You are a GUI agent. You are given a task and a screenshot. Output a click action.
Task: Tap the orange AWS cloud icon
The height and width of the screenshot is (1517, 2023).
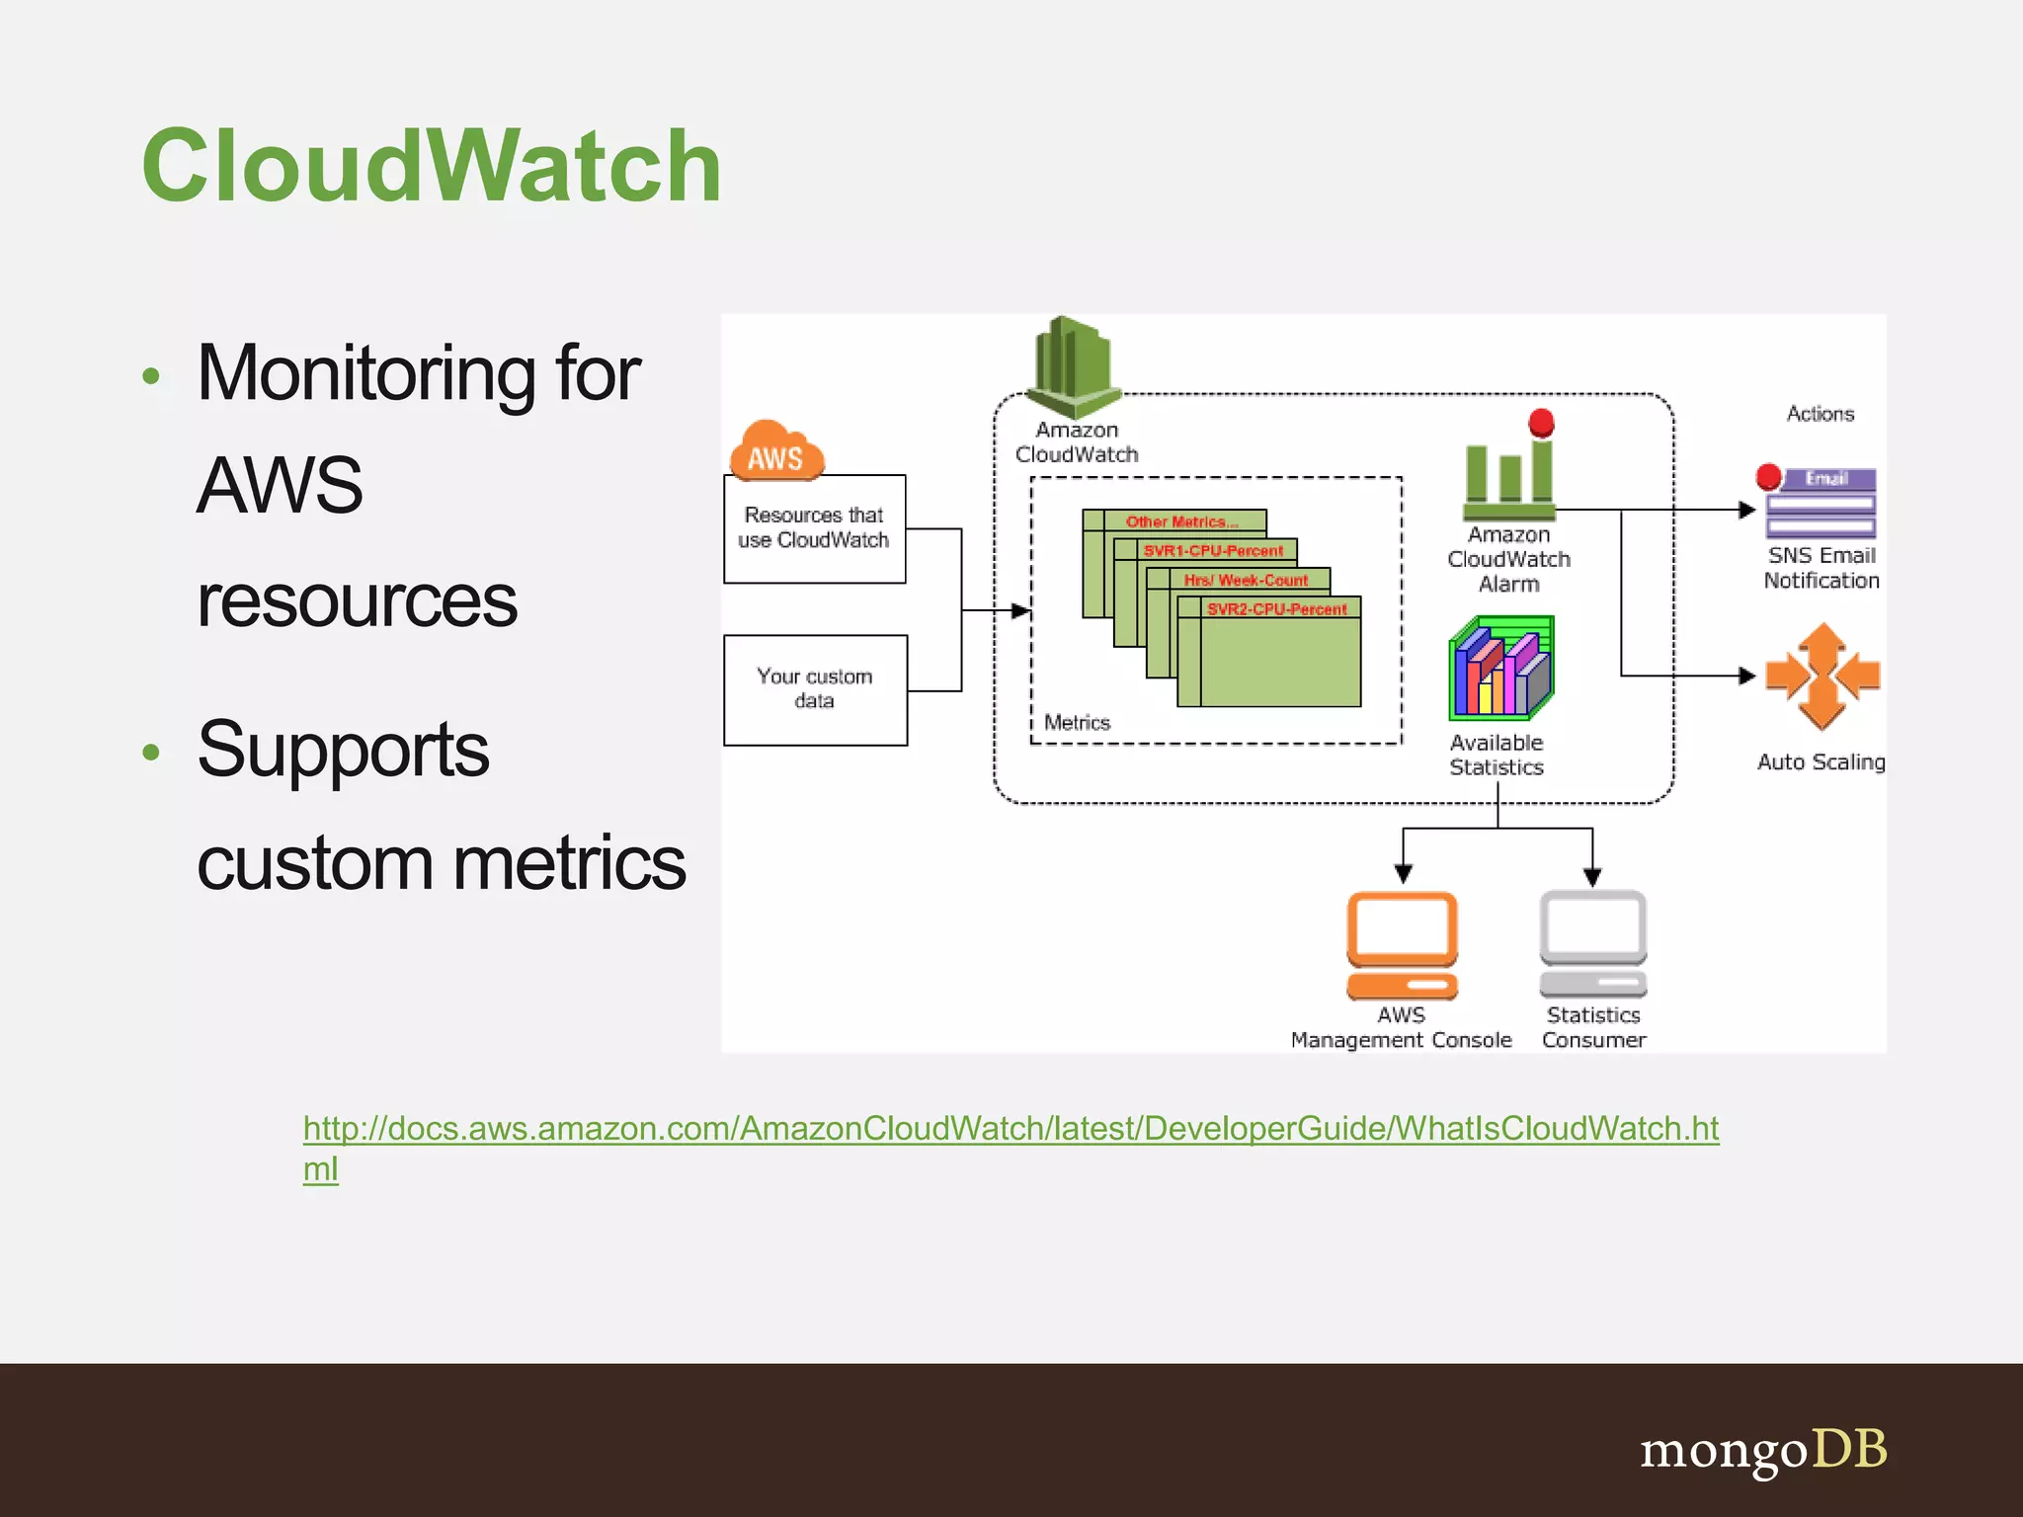776,452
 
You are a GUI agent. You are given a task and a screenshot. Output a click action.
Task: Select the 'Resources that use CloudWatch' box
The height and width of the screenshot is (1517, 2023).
814,528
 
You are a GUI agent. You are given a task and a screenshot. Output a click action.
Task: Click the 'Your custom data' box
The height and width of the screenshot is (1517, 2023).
815,689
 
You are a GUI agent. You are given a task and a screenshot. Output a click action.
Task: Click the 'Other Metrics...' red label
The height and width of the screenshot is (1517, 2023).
1181,521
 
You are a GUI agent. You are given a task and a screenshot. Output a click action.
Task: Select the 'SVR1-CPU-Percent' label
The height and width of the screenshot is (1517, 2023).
1213,551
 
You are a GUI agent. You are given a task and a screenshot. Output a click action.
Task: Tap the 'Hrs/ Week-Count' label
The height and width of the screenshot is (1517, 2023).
1246,580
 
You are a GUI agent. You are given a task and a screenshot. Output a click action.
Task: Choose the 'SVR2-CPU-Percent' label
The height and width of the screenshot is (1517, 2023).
1276,609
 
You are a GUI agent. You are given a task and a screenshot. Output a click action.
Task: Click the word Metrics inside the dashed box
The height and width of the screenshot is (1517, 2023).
1077,723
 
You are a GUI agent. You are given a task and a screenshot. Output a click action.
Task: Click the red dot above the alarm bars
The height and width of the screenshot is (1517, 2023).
1541,423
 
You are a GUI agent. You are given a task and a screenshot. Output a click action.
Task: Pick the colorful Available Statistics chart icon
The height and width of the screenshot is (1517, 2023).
1500,669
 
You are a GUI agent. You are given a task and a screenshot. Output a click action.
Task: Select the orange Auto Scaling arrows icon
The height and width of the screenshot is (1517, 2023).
1822,677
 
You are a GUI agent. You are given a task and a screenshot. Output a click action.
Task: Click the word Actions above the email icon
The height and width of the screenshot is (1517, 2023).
1820,414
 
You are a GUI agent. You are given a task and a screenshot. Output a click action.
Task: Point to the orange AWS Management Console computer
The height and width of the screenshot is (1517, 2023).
1402,945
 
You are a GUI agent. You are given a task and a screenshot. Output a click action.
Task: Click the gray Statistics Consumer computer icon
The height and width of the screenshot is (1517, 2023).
1592,943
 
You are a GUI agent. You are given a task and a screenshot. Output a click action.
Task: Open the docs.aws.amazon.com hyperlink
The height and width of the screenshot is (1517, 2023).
1011,1129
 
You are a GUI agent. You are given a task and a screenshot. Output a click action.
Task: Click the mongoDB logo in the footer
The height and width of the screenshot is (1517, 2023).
1763,1451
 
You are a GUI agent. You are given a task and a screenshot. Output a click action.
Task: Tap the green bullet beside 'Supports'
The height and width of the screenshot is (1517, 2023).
151,753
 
